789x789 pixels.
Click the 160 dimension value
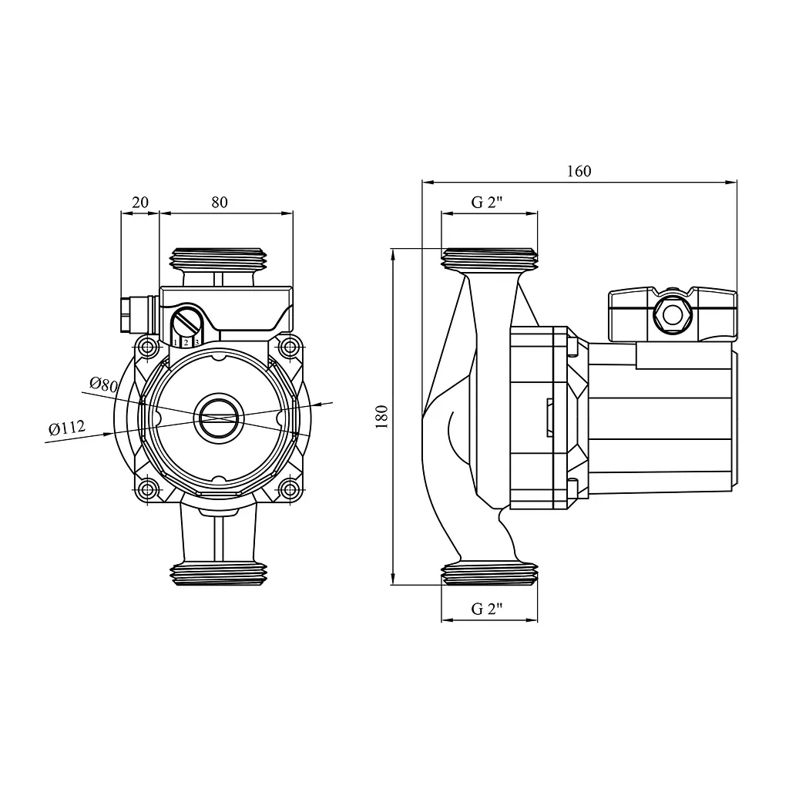(579, 171)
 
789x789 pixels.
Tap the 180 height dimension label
(382, 416)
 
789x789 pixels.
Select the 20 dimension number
(140, 203)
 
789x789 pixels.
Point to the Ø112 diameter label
(67, 428)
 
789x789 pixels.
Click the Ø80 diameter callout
(103, 384)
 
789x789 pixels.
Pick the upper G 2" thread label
(487, 203)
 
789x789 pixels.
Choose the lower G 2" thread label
(487, 609)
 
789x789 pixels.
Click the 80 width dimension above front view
(220, 203)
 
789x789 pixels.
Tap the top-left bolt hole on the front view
(148, 347)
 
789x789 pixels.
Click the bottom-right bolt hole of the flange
(290, 489)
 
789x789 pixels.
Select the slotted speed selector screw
(187, 320)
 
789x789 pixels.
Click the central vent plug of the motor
(218, 417)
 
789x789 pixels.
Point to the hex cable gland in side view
(673, 315)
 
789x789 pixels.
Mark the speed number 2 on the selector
(186, 343)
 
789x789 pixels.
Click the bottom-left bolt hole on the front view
(148, 489)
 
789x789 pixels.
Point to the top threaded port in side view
(489, 260)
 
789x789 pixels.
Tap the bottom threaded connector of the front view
(218, 574)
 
